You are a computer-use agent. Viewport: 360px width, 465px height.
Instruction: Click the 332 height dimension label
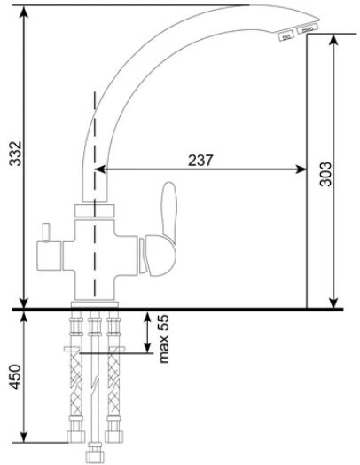[15, 154]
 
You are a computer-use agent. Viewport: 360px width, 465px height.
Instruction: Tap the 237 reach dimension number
[200, 161]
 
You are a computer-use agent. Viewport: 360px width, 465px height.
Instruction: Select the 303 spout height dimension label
[325, 174]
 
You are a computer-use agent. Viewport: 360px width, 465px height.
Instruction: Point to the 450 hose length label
[15, 376]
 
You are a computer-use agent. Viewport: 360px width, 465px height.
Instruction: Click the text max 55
[163, 339]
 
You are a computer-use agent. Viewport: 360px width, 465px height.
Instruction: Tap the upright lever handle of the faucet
[169, 211]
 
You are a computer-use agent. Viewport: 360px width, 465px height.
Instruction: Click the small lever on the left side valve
[46, 232]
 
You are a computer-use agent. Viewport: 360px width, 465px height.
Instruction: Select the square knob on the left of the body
[49, 256]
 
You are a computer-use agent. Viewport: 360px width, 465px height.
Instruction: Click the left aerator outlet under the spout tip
[286, 36]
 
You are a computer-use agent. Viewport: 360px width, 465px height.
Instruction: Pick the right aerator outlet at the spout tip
[307, 29]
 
